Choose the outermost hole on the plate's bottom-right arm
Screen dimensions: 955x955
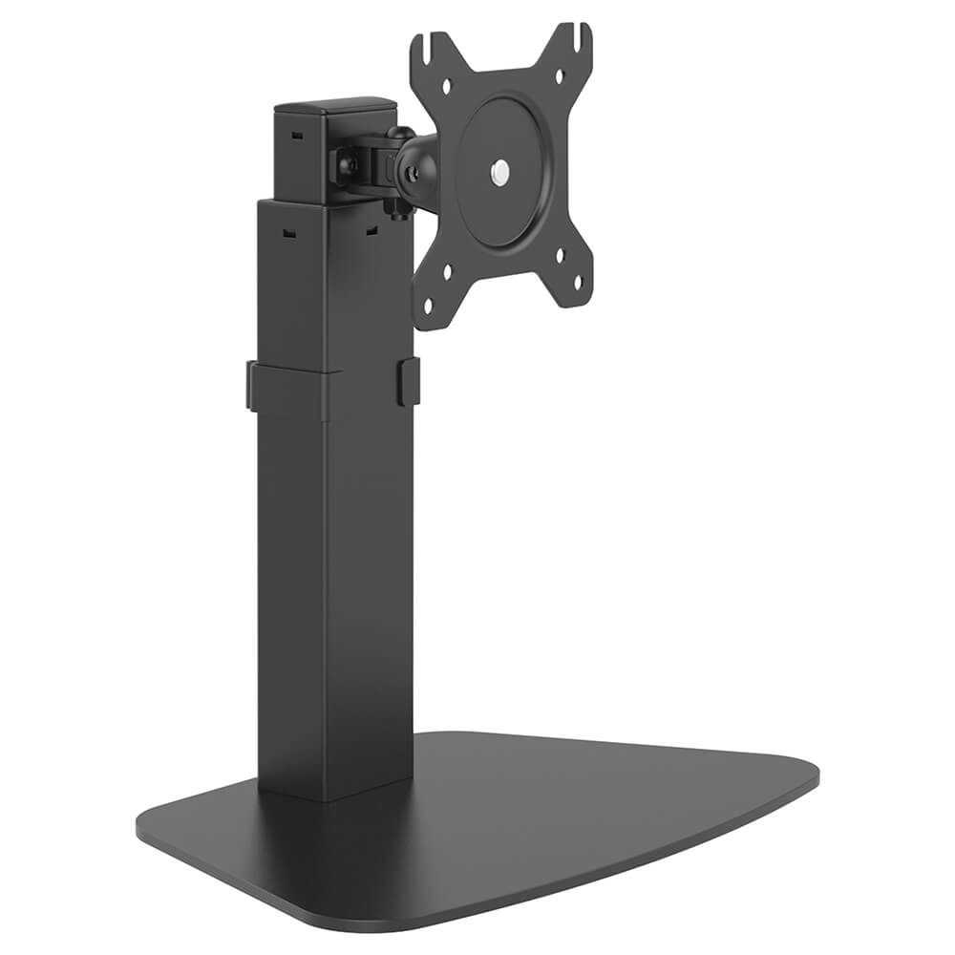point(576,282)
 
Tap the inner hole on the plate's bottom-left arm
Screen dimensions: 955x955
point(446,271)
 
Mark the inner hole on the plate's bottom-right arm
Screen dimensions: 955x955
point(560,254)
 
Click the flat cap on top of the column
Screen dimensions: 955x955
point(334,107)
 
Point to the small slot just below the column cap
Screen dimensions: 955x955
point(295,136)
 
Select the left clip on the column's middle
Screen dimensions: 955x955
point(251,386)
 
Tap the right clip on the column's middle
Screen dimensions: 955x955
point(408,380)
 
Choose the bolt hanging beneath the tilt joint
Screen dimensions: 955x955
point(393,206)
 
